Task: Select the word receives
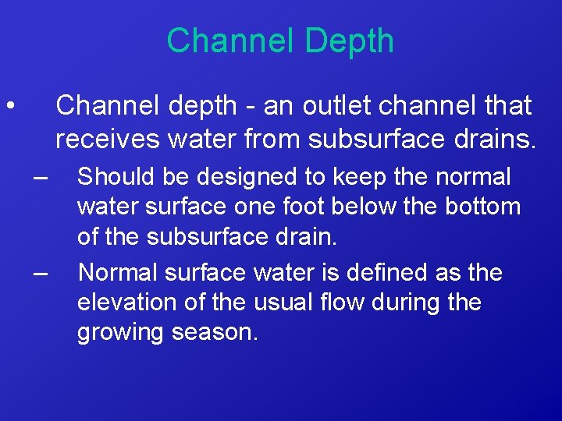[x=105, y=139]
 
